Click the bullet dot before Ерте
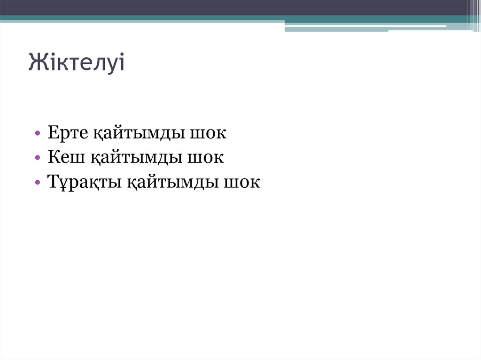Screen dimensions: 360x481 click(38, 134)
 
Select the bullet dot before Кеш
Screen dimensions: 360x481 click(38, 159)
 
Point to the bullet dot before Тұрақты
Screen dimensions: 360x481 click(38, 183)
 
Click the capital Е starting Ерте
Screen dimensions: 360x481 click(53, 133)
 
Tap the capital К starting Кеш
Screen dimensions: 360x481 click(54, 158)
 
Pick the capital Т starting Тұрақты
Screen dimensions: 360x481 click(53, 182)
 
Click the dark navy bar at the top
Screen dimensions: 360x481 click(235, 7)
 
